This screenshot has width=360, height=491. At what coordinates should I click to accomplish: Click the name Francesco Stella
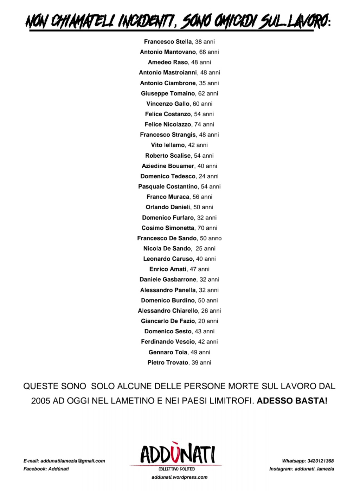point(168,42)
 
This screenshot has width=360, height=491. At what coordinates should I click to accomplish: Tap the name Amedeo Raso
point(168,62)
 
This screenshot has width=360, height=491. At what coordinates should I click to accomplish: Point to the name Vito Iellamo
point(168,145)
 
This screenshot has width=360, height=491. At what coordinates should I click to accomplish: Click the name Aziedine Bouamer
point(168,166)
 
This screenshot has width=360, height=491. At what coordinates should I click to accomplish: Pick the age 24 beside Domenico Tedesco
point(202,176)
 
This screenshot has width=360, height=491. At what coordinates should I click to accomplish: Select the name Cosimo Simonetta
point(168,228)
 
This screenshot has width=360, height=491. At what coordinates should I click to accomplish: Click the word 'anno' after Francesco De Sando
point(215,238)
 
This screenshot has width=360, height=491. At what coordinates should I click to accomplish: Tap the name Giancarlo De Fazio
point(168,321)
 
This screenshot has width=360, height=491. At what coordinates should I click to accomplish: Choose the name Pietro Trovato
point(168,362)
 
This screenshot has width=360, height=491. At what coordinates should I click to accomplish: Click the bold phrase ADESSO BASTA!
point(292,400)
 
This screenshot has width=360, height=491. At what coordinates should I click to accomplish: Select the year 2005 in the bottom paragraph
point(41,400)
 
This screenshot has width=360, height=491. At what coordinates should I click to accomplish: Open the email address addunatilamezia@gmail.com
point(73,461)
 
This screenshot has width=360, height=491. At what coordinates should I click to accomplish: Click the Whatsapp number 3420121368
point(320,461)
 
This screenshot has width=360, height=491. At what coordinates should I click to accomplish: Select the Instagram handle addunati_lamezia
point(314,469)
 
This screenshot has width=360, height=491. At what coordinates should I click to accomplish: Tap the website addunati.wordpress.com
point(179,477)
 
